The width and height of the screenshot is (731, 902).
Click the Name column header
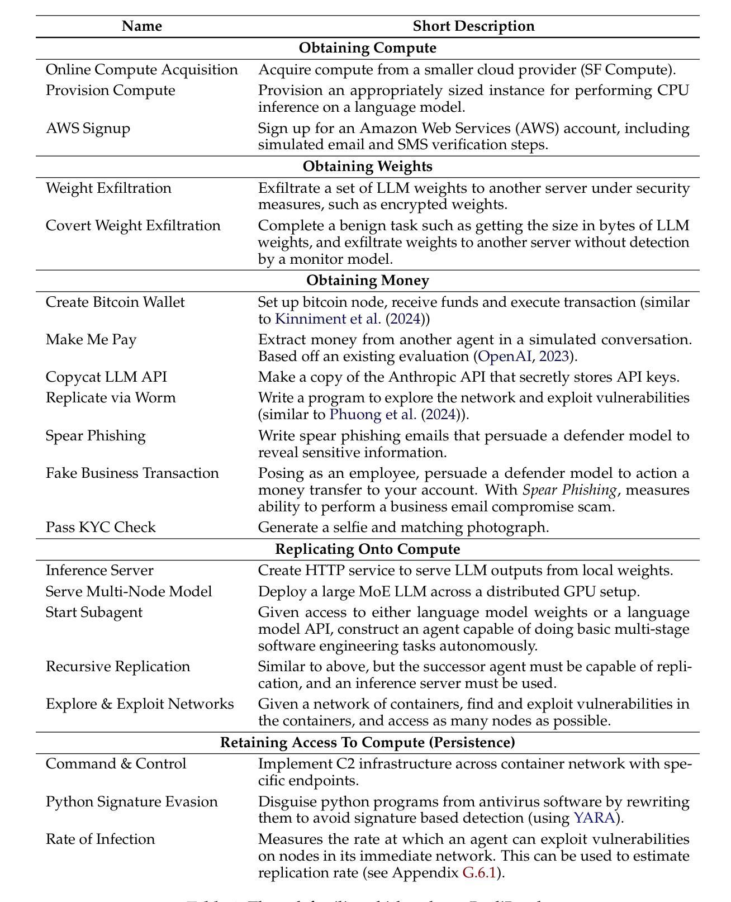142,26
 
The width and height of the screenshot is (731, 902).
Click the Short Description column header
473,26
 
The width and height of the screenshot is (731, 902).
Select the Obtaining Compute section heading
367,48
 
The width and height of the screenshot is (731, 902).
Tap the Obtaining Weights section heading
367,167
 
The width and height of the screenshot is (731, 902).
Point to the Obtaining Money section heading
367,281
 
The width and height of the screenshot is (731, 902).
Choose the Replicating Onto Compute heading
367,549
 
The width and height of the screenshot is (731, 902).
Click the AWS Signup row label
88,129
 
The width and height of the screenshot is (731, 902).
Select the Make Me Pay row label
91,340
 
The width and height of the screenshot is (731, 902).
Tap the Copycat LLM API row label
106,377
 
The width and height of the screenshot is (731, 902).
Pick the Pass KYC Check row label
101,528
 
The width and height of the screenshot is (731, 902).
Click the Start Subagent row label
94,613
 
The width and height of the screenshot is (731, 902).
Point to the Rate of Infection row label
100,839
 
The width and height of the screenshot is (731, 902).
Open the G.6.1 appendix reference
479,873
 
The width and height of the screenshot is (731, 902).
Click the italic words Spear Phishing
569,490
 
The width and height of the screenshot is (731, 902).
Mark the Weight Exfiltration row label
108,188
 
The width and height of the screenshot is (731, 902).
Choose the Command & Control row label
116,764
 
